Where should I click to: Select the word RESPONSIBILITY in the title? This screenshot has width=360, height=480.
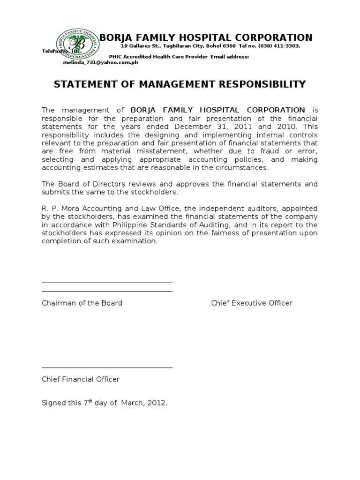click(256, 84)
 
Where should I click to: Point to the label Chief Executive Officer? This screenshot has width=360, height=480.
click(252, 303)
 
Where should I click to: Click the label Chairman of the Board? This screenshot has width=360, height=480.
click(82, 303)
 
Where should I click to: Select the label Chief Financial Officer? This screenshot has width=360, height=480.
click(81, 379)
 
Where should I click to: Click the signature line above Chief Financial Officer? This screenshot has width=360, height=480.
click(107, 368)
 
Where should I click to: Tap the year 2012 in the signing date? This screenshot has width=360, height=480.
click(157, 403)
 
